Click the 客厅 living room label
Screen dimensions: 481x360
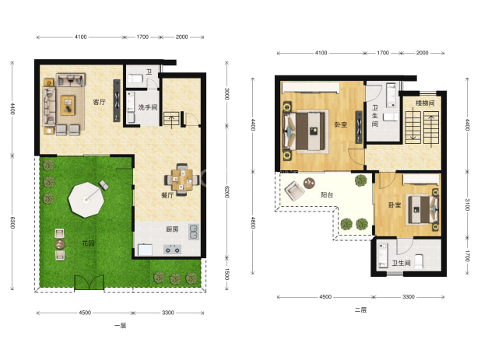(x=99, y=103)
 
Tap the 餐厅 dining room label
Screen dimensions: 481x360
(x=167, y=195)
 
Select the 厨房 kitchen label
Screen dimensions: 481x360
(x=172, y=229)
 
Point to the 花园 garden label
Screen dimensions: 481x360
(x=89, y=243)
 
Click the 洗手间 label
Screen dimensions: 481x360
(x=148, y=107)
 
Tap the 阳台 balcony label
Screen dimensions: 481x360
(x=327, y=194)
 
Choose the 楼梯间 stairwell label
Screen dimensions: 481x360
(x=425, y=103)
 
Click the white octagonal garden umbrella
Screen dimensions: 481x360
(x=86, y=200)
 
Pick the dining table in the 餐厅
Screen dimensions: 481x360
(x=182, y=180)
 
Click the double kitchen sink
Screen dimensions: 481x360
(x=194, y=232)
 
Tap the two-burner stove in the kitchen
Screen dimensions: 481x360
(x=172, y=250)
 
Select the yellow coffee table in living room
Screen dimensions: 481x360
(x=68, y=106)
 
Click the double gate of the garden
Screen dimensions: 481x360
(x=89, y=282)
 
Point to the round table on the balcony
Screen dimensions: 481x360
(x=309, y=183)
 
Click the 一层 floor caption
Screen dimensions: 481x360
(x=120, y=325)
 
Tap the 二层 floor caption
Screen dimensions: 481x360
(x=361, y=309)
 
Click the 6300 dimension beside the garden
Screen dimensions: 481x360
(x=12, y=222)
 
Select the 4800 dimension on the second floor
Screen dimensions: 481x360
(x=253, y=222)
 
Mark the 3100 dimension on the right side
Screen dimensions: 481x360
(x=467, y=204)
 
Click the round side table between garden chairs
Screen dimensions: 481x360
(x=60, y=244)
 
